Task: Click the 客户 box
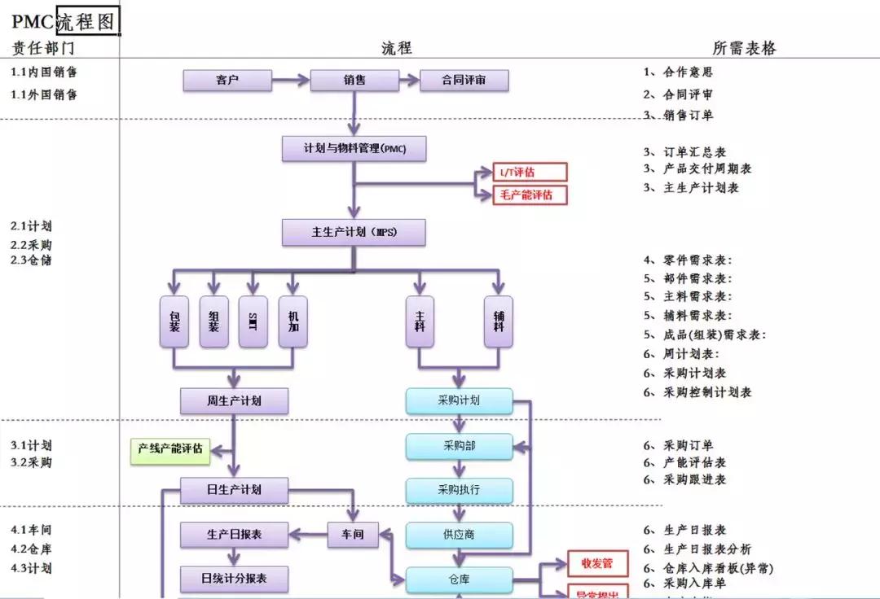pyautogui.click(x=227, y=81)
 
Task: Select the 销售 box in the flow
pyautogui.click(x=354, y=81)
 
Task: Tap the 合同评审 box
pyautogui.click(x=464, y=81)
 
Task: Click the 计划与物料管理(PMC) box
pyautogui.click(x=354, y=149)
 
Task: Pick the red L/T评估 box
pyautogui.click(x=530, y=172)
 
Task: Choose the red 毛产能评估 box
pyautogui.click(x=530, y=195)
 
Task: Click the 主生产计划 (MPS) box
pyautogui.click(x=354, y=232)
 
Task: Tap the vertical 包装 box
pyautogui.click(x=174, y=321)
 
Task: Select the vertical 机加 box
pyautogui.click(x=293, y=321)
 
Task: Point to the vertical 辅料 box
pyautogui.click(x=498, y=321)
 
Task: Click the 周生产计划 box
pyautogui.click(x=234, y=400)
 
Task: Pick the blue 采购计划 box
pyautogui.click(x=460, y=400)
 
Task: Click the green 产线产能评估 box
pyautogui.click(x=170, y=449)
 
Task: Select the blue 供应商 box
pyautogui.click(x=460, y=535)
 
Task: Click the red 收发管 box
pyautogui.click(x=597, y=563)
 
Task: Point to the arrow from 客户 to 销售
pyautogui.click(x=291, y=81)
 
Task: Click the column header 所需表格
pyautogui.click(x=744, y=48)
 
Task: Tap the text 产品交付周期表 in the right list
pyautogui.click(x=707, y=169)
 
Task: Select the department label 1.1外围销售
pyautogui.click(x=45, y=94)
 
